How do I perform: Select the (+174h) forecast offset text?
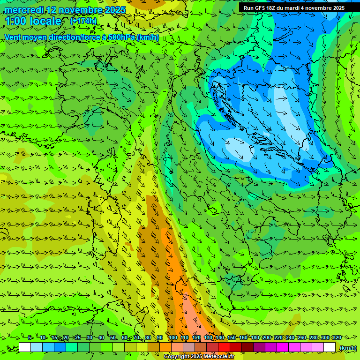point(83,21)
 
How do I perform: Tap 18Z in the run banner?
point(277,8)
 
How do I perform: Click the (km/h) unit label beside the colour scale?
point(348,347)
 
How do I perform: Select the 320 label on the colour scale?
point(337,337)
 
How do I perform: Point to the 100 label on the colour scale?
point(172,337)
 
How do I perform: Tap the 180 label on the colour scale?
point(255,337)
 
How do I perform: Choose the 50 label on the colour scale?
point(113,337)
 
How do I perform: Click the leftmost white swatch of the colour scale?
point(25,347)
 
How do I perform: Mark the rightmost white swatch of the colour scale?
point(330,347)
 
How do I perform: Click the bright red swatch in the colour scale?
point(224,347)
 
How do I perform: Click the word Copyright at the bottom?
point(177,357)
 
